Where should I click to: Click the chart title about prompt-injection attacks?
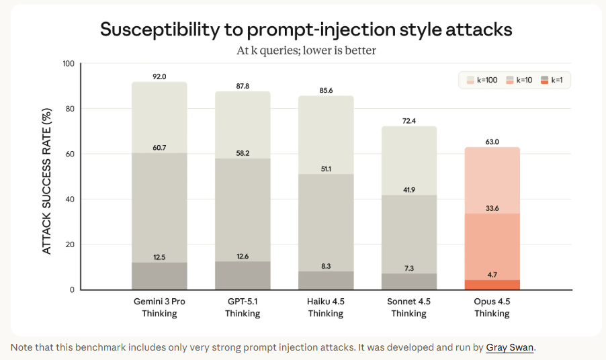click(x=306, y=29)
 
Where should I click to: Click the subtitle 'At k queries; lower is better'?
click(x=306, y=51)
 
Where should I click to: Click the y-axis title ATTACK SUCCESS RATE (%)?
click(x=47, y=177)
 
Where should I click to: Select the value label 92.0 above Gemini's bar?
click(x=159, y=77)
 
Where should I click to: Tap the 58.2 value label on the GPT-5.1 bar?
click(x=243, y=153)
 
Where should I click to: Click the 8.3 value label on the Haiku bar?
click(x=326, y=266)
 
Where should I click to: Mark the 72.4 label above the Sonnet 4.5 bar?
click(x=409, y=121)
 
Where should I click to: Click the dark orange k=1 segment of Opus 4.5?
click(x=492, y=285)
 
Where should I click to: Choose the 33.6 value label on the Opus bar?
click(x=492, y=208)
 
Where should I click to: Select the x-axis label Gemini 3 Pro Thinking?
click(x=159, y=308)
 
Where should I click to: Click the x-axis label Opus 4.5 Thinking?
click(x=492, y=308)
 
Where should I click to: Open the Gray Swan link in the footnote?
click(x=510, y=348)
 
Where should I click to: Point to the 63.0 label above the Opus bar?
click(x=492, y=142)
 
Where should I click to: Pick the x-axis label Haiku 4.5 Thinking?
click(x=326, y=308)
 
